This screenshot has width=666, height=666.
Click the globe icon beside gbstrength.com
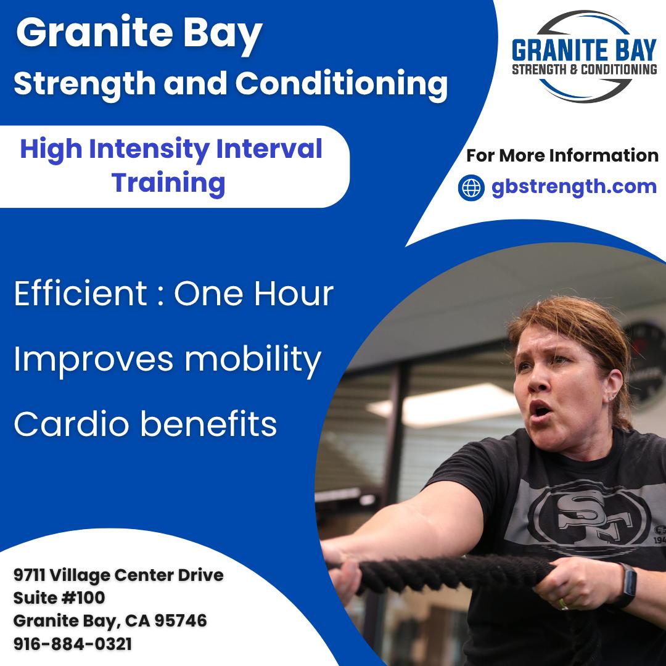471,187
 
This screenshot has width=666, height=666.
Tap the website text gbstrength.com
574,187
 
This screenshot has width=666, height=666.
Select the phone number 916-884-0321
73,644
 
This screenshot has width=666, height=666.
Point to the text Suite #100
59,598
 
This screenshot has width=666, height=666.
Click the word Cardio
68,424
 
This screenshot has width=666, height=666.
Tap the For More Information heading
562,155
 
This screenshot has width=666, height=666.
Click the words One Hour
253,295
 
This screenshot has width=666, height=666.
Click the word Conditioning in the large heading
341,84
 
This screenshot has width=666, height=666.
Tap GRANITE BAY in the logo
584,49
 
